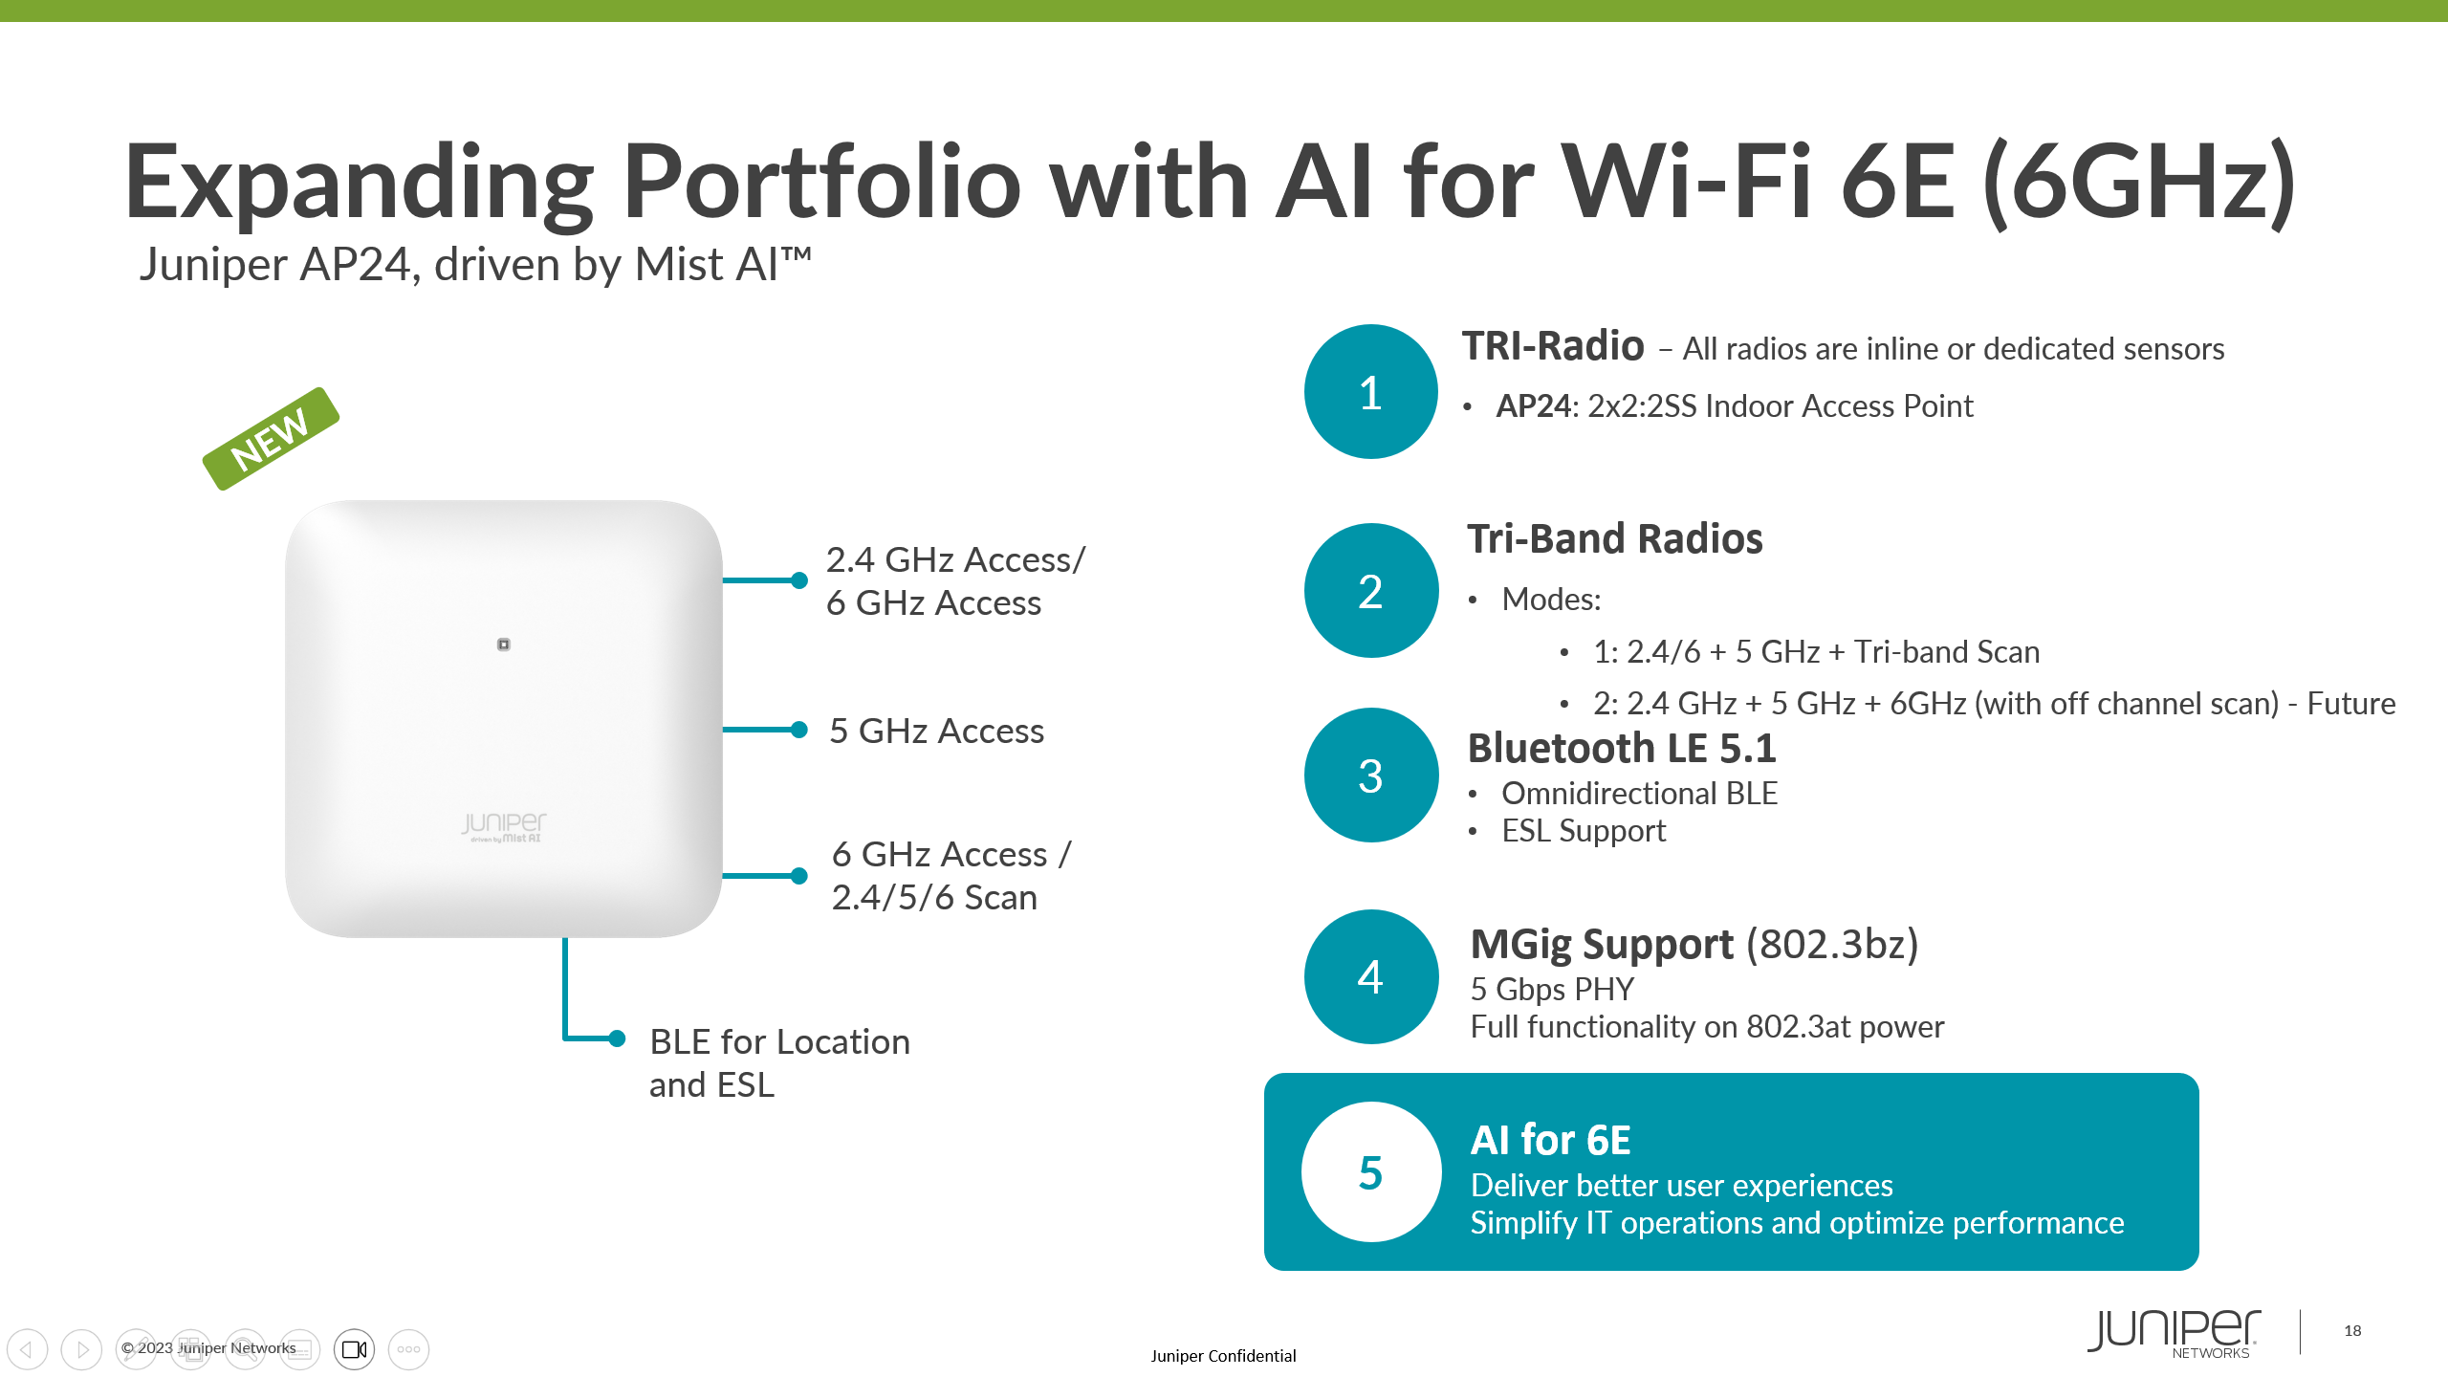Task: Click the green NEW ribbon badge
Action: point(271,439)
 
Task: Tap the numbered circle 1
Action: point(1370,392)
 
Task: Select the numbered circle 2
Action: point(1370,591)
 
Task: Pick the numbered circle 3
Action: point(1370,776)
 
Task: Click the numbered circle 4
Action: point(1370,976)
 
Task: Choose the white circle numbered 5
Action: point(1370,1172)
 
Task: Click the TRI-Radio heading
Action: point(1553,346)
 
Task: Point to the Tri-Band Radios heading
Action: point(1615,538)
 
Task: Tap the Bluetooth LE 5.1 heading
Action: point(1622,749)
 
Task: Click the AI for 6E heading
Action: point(1551,1140)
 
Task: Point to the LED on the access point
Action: point(504,645)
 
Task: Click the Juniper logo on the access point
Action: point(504,827)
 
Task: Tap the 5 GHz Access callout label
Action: point(937,731)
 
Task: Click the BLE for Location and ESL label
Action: point(779,1063)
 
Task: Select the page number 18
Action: point(2352,1330)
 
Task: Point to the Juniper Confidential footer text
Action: point(1223,1356)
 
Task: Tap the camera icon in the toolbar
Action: point(354,1349)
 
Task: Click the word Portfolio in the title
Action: point(822,182)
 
